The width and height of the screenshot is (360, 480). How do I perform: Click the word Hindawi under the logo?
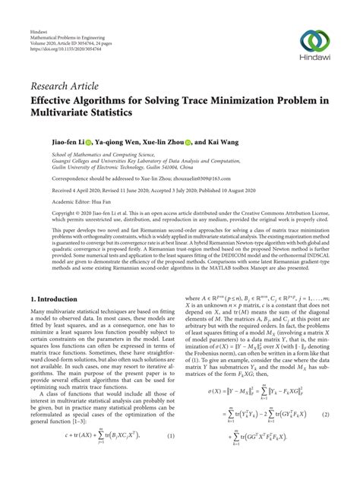[x=313, y=58]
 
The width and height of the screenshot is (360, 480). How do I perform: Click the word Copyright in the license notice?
[x=44, y=215]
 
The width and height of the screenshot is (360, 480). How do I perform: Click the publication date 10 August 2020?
[x=229, y=191]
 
